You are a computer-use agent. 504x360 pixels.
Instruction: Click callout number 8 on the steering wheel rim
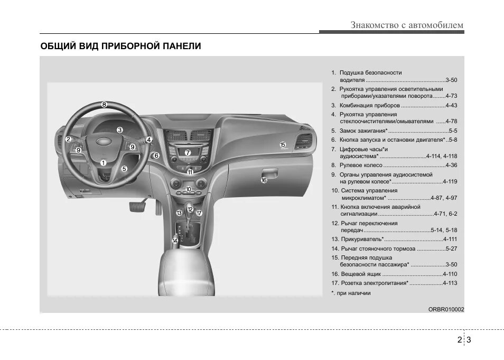pyautogui.click(x=104, y=105)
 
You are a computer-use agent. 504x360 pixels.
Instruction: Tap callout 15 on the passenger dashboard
pyautogui.click(x=283, y=144)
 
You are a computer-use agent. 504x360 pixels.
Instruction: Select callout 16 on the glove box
pyautogui.click(x=264, y=180)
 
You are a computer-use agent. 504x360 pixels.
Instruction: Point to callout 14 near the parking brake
pyautogui.click(x=175, y=241)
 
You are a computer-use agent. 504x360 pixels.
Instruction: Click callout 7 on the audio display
pyautogui.click(x=187, y=152)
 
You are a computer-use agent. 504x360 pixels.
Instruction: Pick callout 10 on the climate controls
pyautogui.click(x=189, y=189)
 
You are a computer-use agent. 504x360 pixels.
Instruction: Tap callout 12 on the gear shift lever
pyautogui.click(x=190, y=209)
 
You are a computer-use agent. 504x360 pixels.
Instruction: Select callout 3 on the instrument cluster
pyautogui.click(x=120, y=130)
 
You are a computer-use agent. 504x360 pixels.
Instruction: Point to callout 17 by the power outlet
pyautogui.click(x=199, y=213)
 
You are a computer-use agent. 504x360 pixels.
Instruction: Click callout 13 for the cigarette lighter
pyautogui.click(x=179, y=213)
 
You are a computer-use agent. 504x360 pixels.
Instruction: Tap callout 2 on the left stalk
pyautogui.click(x=68, y=140)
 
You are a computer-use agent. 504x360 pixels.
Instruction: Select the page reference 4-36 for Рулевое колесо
pyautogui.click(x=450, y=165)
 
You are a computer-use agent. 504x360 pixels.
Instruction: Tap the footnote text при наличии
pyautogui.click(x=353, y=293)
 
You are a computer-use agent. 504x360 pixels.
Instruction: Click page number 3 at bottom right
pyautogui.click(x=468, y=340)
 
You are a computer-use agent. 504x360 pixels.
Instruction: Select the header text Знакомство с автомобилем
pyautogui.click(x=407, y=25)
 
